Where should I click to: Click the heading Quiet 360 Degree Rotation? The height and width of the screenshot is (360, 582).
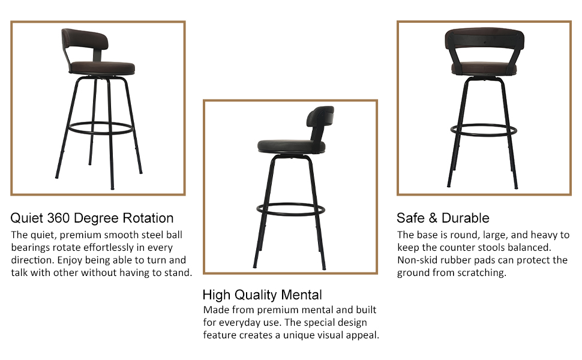(92, 218)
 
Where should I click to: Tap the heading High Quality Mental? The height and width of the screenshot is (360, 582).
(262, 295)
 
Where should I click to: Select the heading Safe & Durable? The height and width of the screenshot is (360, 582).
(443, 218)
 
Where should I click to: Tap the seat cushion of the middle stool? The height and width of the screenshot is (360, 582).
(291, 145)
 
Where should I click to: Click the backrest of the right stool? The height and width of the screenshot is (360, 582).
(483, 41)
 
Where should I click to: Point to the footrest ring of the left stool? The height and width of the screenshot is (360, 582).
(98, 127)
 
